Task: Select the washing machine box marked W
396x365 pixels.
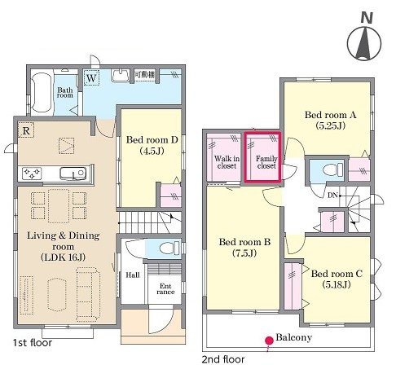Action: coord(91,78)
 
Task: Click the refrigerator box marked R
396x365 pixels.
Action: coord(26,130)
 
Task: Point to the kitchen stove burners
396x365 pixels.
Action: coord(32,174)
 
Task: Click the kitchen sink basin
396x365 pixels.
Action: coord(73,174)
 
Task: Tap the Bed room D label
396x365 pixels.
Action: coord(152,145)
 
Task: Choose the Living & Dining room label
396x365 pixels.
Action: coord(64,246)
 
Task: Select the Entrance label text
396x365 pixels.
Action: coord(165,289)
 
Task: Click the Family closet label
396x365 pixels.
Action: coord(266,162)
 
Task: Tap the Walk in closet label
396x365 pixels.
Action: coord(227,162)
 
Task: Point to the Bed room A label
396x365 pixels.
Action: coord(330,120)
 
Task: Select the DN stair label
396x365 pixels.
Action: coord(332,196)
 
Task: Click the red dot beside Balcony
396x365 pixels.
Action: coord(269,341)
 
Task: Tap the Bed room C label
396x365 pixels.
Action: coord(337,279)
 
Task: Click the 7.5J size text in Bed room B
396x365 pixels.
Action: coord(244,253)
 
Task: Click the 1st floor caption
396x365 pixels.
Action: coord(33,343)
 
